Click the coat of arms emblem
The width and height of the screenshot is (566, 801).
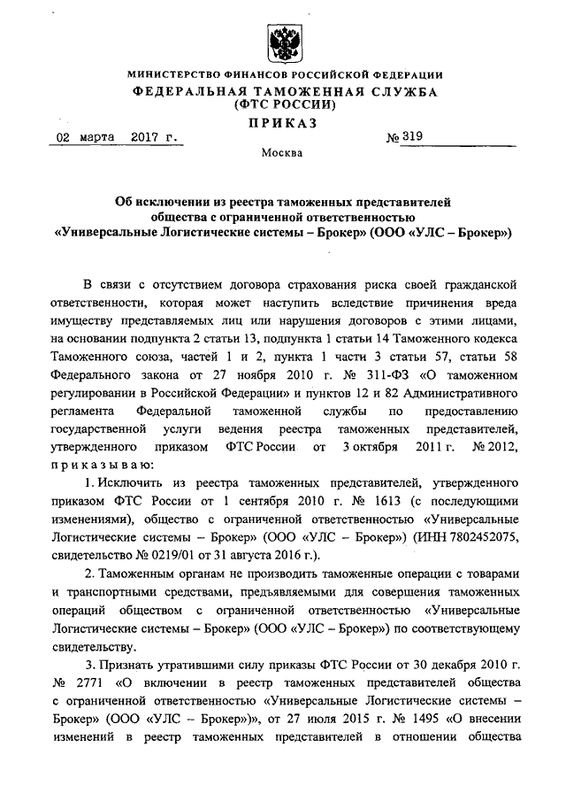[x=282, y=41]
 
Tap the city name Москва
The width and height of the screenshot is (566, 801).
[x=281, y=153]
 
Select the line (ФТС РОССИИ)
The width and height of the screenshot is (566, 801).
[x=282, y=104]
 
